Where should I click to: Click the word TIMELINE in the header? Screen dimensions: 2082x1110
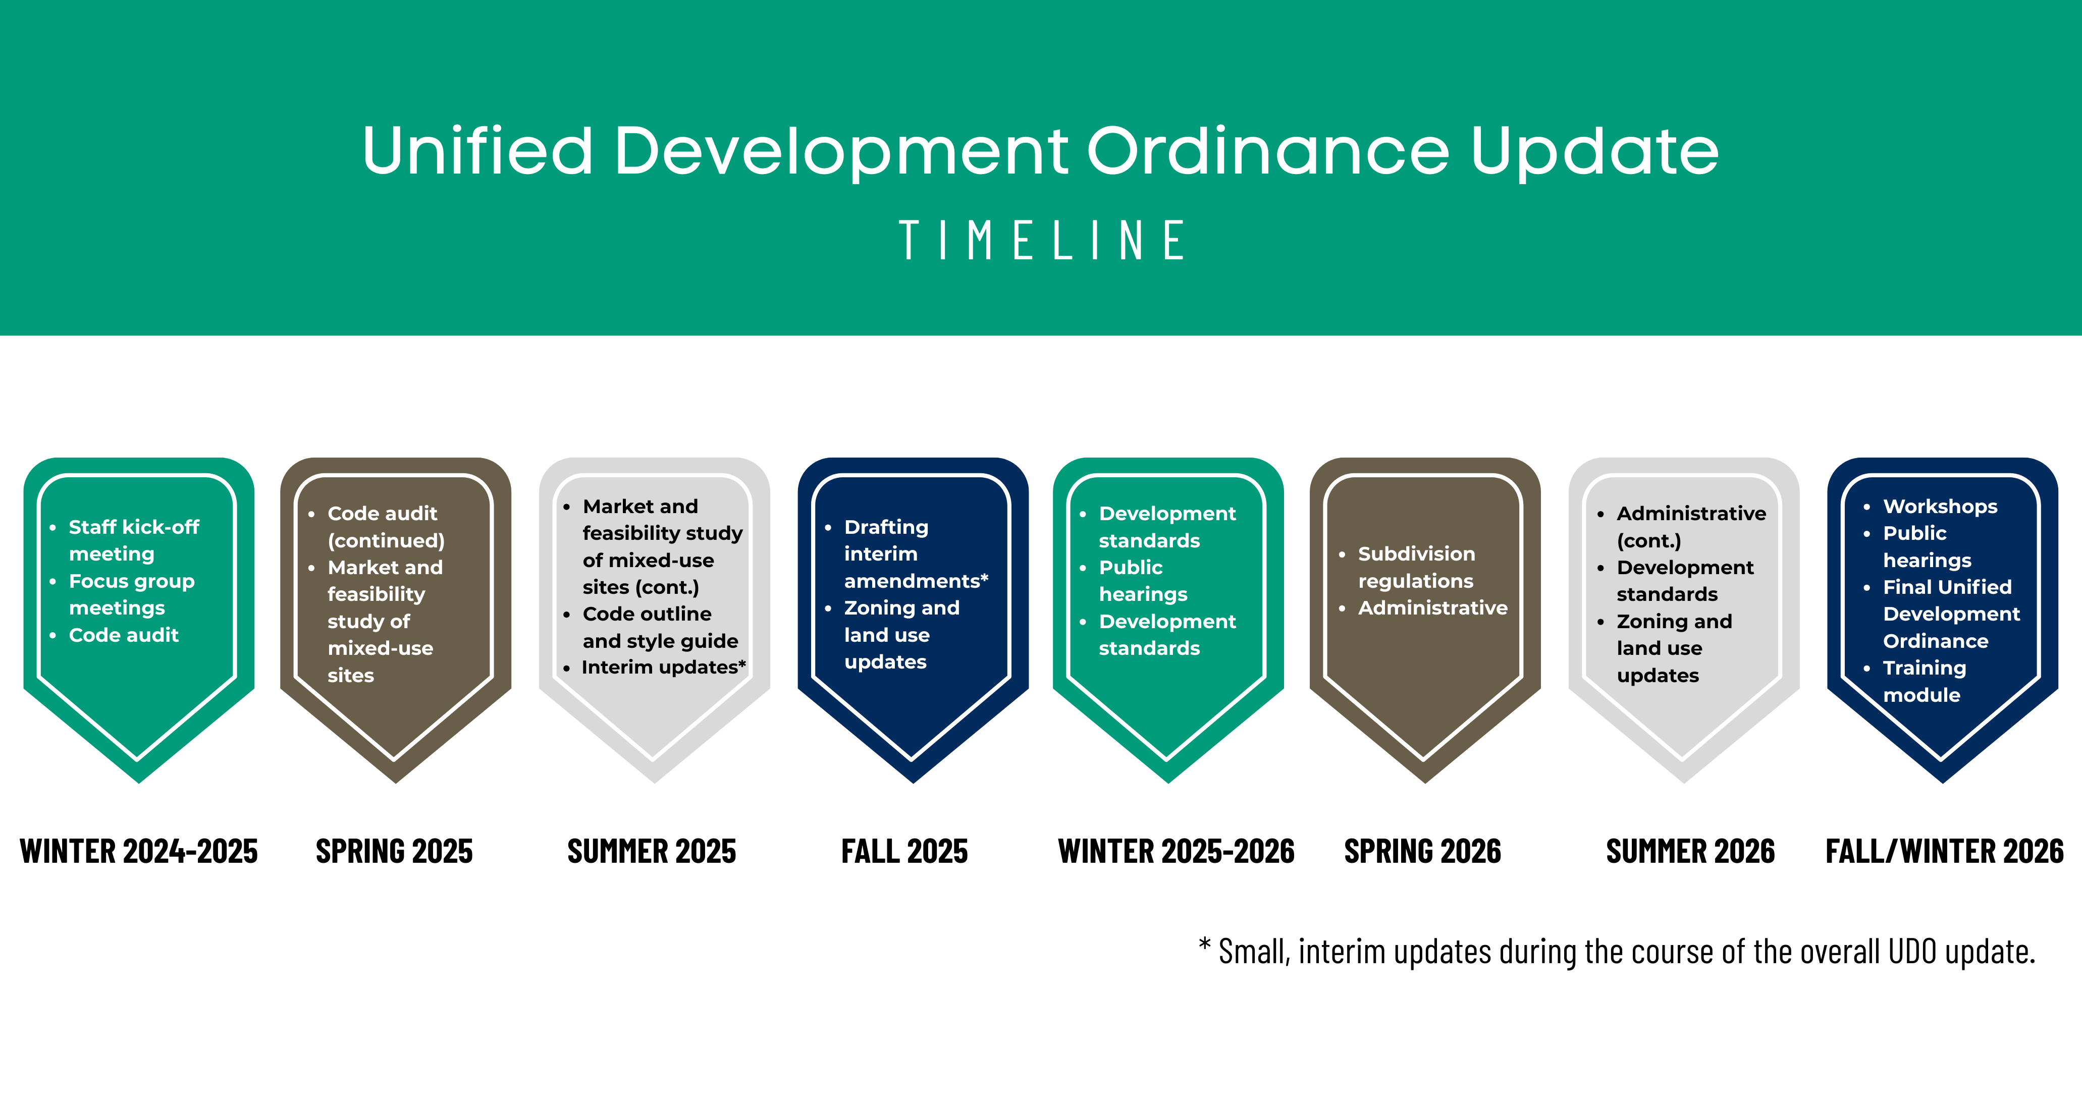pos(1041,240)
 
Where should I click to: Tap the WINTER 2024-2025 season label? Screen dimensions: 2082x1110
pos(139,852)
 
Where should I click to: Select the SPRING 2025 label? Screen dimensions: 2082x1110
pos(394,852)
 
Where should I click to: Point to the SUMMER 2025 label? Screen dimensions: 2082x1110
pos(652,852)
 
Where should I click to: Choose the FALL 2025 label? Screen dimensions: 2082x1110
pos(904,852)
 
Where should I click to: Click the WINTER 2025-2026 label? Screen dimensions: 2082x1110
pos(1176,852)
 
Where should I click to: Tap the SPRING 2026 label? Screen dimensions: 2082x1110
pos(1422,852)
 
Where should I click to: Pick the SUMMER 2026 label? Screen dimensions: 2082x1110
pos(1690,852)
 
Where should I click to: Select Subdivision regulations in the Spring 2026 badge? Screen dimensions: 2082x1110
pos(1417,567)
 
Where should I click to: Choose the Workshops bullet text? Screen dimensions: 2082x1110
pos(1940,507)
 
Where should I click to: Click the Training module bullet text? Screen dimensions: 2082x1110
pos(1925,681)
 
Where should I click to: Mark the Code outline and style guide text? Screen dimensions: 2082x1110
pos(660,628)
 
